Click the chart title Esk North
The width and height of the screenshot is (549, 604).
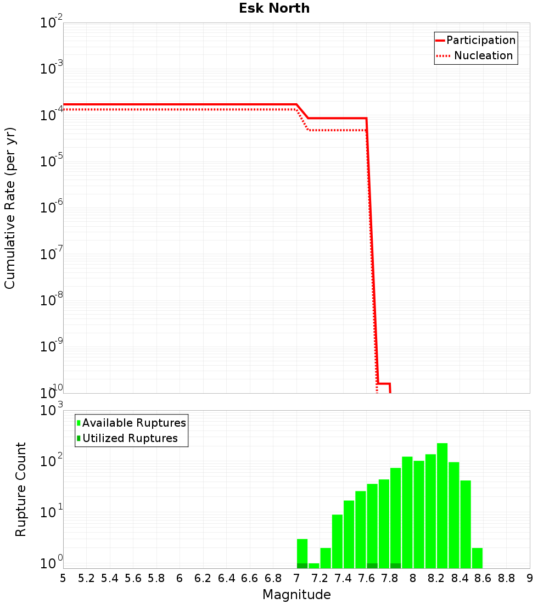(274, 9)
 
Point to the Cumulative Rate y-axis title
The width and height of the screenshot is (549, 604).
(10, 208)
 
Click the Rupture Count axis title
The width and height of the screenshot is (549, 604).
(21, 489)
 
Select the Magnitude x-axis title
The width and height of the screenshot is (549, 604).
(296, 595)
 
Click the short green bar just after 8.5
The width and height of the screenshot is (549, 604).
(477, 558)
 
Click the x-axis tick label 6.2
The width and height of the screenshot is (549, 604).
(203, 578)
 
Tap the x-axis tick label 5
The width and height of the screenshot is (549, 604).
(63, 578)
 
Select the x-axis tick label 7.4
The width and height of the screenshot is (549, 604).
(343, 578)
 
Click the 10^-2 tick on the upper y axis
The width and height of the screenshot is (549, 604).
(52, 23)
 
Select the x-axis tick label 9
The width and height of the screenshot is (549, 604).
(529, 578)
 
